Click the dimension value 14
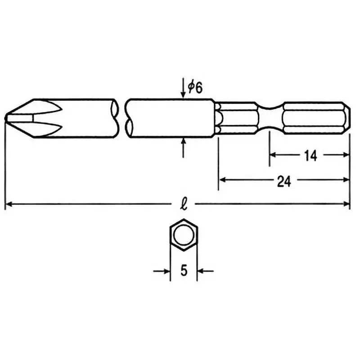310,155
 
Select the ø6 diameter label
195,87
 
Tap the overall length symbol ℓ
184,204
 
